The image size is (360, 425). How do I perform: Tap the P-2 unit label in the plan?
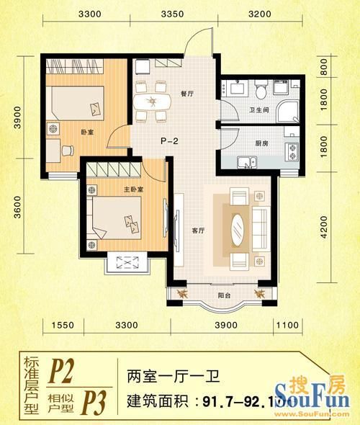pos(169,141)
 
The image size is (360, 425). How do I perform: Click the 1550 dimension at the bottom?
pos(64,326)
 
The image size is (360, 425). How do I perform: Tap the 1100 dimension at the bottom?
pos(287,326)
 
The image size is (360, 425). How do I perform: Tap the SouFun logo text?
pos(319,398)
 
